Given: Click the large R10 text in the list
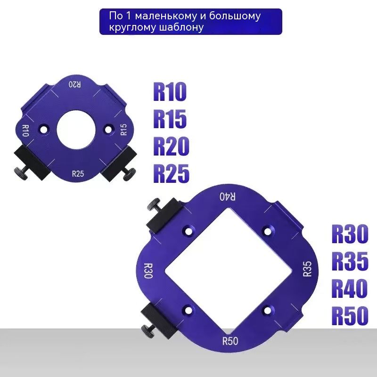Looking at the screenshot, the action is point(170,91).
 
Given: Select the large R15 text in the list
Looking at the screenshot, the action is point(170,119).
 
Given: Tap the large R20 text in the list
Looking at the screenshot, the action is point(171,146).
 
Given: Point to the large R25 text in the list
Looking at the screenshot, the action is point(171,173).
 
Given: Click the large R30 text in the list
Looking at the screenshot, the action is point(350,234).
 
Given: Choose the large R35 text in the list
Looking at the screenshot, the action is point(350,261).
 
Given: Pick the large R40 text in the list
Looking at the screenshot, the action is point(350,288).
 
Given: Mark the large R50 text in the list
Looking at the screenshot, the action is point(350,315).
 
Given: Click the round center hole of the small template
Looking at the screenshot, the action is point(76,130).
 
